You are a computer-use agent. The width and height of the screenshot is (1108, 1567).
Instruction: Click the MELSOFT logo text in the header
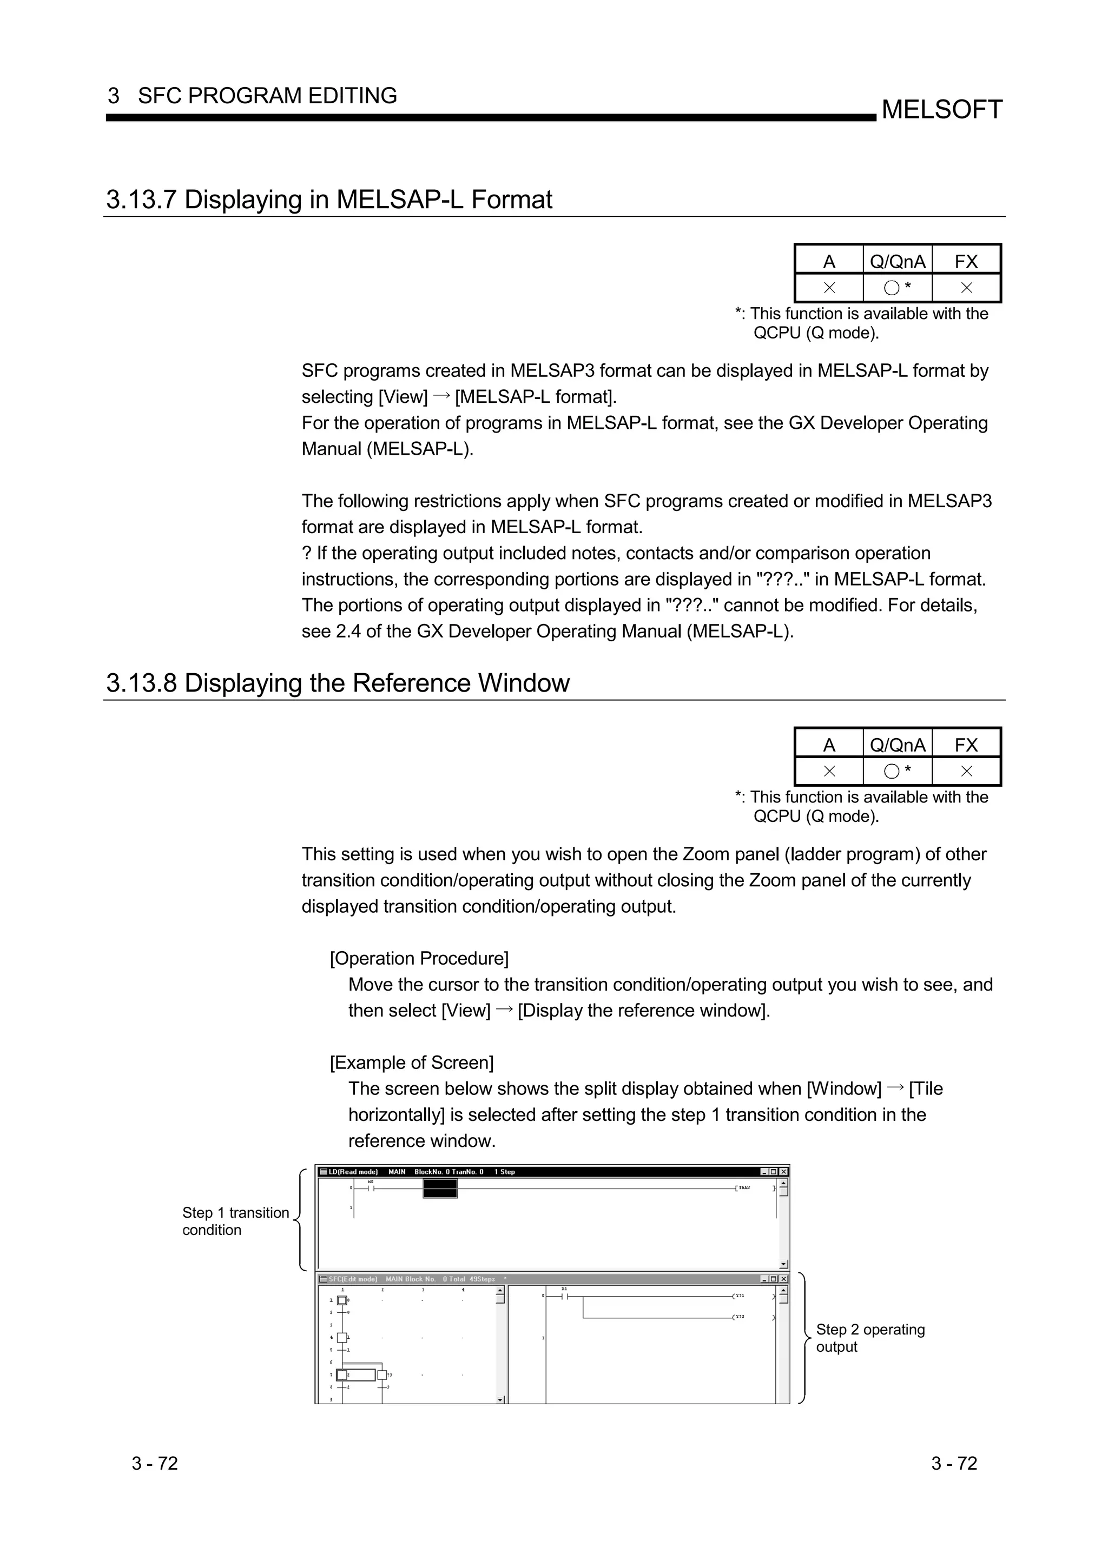tap(941, 109)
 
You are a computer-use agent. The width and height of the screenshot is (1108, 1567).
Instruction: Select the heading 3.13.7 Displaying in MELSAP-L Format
tap(329, 200)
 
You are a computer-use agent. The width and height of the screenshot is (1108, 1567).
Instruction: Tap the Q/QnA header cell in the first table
tap(897, 261)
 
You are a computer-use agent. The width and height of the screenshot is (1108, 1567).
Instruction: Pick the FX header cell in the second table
tap(966, 745)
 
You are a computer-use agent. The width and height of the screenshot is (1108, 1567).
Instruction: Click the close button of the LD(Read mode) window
tap(783, 1172)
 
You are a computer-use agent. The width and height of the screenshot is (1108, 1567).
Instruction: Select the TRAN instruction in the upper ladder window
tap(743, 1188)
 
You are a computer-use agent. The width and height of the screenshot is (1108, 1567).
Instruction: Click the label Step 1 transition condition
tap(235, 1221)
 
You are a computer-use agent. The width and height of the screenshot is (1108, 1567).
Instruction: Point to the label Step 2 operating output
tap(870, 1338)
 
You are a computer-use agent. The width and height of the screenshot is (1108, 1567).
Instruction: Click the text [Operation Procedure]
tap(419, 959)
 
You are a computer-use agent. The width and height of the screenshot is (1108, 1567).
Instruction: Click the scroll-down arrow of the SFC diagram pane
tap(500, 1400)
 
